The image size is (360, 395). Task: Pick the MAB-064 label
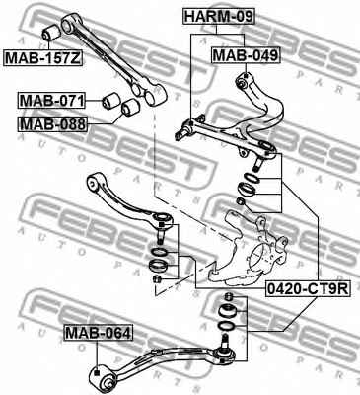(98, 333)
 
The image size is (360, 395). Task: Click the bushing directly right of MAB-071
(111, 100)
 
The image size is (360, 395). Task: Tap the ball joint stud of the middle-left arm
(160, 233)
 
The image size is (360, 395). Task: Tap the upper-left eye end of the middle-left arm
(94, 183)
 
